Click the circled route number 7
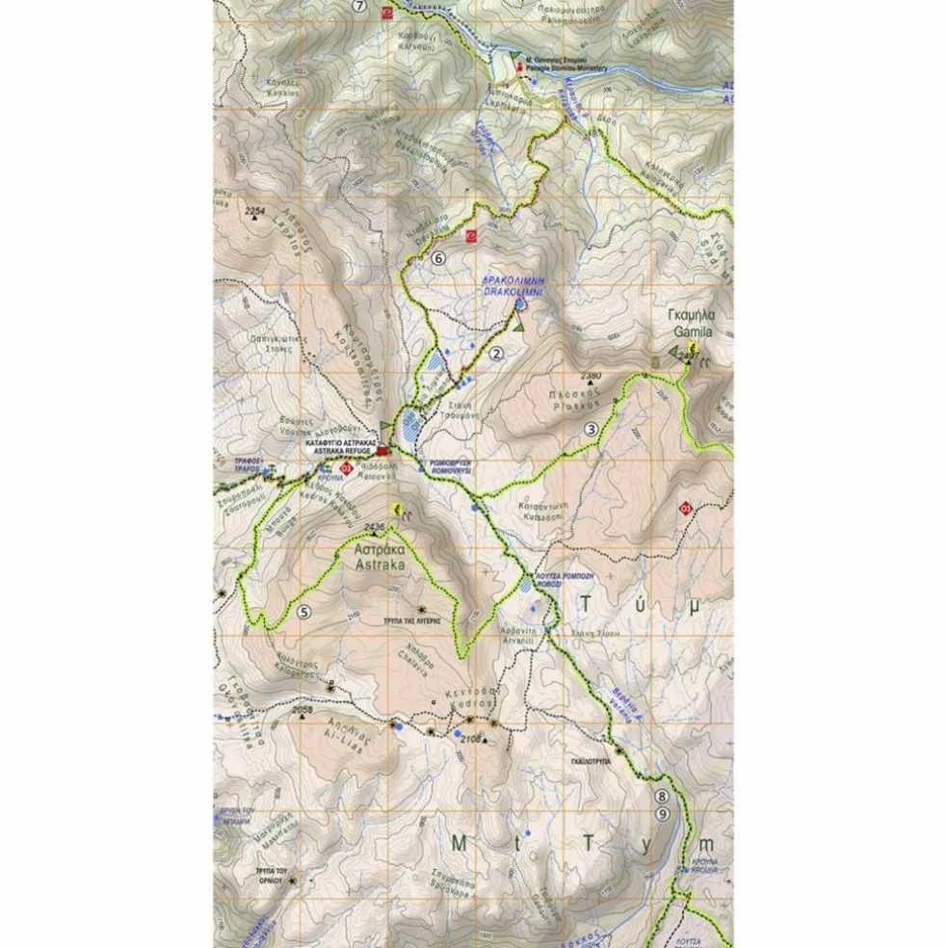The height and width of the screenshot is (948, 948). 360,6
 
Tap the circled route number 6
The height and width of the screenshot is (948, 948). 438,257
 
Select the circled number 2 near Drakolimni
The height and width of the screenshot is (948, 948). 497,354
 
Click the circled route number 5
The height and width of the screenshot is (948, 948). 304,611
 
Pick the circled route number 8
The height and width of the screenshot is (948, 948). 662,797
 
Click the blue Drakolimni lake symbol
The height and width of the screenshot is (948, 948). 520,304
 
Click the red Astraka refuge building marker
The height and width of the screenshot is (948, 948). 383,451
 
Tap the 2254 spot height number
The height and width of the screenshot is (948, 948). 254,211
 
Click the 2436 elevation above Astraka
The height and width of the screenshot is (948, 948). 375,526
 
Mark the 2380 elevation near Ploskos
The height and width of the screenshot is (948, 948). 591,375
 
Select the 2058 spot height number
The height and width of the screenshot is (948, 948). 303,710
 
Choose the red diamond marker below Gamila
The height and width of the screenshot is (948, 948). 685,508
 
